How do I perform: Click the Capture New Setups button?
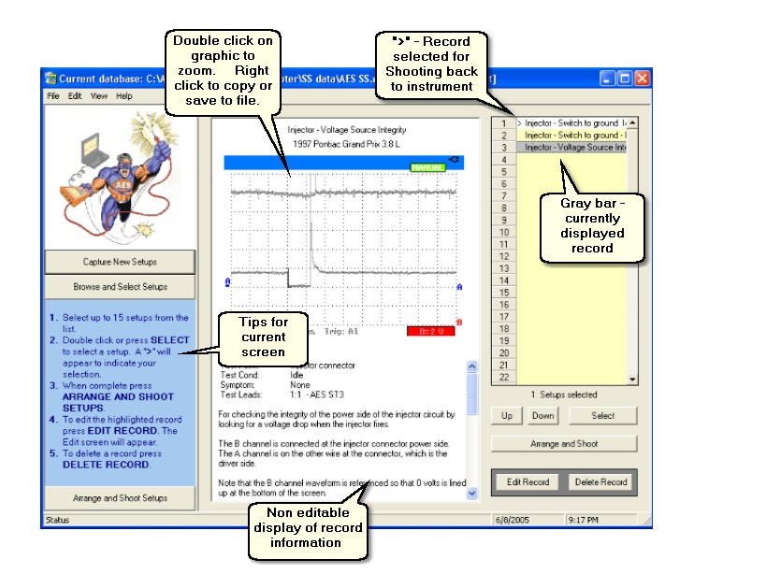pyautogui.click(x=120, y=261)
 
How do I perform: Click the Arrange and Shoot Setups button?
pyautogui.click(x=120, y=498)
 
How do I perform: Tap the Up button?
pyautogui.click(x=506, y=415)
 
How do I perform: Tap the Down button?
pyautogui.click(x=543, y=415)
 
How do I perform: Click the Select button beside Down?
pyautogui.click(x=603, y=415)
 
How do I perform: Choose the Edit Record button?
pyautogui.click(x=527, y=482)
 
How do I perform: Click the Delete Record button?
pyautogui.click(x=601, y=482)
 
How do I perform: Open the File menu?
pyautogui.click(x=52, y=96)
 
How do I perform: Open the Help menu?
pyautogui.click(x=123, y=96)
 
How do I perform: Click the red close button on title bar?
pyautogui.click(x=643, y=79)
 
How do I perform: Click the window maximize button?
pyautogui.click(x=625, y=79)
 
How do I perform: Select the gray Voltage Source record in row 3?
pyautogui.click(x=574, y=148)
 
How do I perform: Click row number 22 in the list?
pyautogui.click(x=503, y=377)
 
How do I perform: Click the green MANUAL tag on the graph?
pyautogui.click(x=427, y=167)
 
